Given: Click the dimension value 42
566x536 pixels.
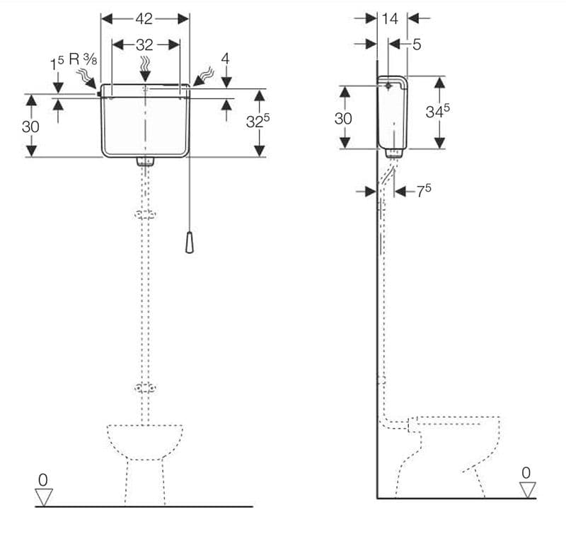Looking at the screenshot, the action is (144, 19).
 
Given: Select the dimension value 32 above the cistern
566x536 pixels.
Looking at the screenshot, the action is (144, 45).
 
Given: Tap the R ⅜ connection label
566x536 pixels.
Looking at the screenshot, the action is (83, 59).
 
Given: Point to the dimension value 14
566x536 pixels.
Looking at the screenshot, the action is (390, 19).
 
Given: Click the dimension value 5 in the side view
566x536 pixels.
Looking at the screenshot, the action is (417, 45).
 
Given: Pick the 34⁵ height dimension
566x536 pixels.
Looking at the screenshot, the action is (437, 111).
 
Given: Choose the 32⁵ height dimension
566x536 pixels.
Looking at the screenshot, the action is (258, 120).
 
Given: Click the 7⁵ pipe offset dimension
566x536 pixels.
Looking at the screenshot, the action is (424, 190).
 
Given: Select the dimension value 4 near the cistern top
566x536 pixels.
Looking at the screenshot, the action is (225, 59).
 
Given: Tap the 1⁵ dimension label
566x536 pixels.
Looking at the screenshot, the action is (57, 64).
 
